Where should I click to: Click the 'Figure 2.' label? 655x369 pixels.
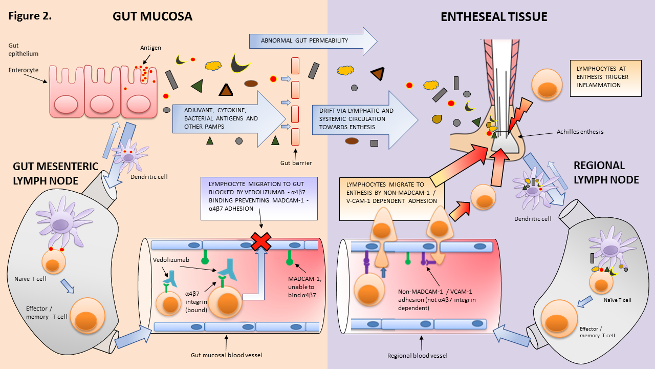(30, 15)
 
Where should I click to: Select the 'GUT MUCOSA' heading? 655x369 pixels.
(152, 16)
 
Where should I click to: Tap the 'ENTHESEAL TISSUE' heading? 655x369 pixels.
(494, 17)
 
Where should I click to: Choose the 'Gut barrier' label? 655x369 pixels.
(297, 163)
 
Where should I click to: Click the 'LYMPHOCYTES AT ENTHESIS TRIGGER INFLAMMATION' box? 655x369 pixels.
(605, 77)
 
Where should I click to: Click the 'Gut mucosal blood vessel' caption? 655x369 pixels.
(226, 354)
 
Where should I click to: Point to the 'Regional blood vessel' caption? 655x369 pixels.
(420, 354)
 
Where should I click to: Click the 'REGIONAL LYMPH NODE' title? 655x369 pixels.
(606, 172)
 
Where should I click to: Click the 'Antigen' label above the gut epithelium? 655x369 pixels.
(150, 48)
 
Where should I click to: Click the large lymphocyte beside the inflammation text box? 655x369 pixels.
(547, 84)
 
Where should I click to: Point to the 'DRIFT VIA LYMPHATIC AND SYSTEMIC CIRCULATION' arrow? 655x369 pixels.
(358, 118)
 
